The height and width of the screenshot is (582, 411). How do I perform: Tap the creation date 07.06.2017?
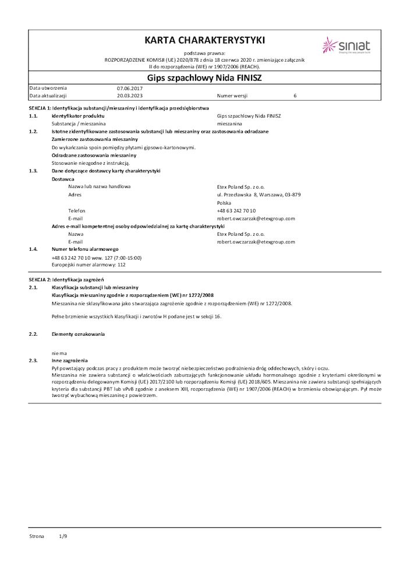point(129,88)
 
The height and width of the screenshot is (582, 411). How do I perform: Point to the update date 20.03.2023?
point(129,95)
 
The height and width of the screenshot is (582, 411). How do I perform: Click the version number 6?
point(295,95)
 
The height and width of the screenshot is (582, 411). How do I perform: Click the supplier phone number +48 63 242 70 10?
point(236,211)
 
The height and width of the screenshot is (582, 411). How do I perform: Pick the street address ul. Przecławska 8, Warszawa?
point(258,194)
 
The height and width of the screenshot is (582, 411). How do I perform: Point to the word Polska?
point(224,203)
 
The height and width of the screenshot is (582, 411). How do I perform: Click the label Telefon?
point(77,211)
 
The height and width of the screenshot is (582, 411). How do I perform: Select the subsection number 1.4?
point(33,249)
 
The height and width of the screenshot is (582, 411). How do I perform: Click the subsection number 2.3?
point(33,360)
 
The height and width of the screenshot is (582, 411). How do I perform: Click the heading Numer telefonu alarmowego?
point(85,249)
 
